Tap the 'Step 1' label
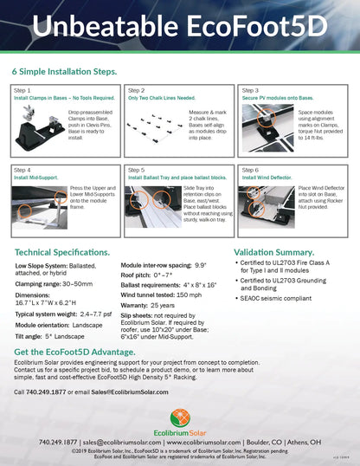tap(22, 90)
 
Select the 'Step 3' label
tap(250, 90)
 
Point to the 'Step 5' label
tap(137, 171)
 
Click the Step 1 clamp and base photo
tap(40, 126)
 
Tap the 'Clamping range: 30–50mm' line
tap(51, 282)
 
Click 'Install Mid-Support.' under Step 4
tap(37, 178)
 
